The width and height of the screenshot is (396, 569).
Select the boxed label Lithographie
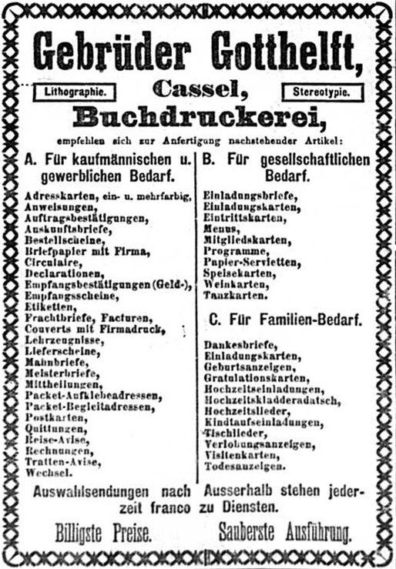(76, 92)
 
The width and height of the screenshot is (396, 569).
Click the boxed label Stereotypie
(321, 92)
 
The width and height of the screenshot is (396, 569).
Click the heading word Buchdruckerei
(199, 117)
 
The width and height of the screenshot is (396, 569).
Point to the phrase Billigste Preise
(102, 532)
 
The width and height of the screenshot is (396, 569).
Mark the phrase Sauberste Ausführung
(284, 532)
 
